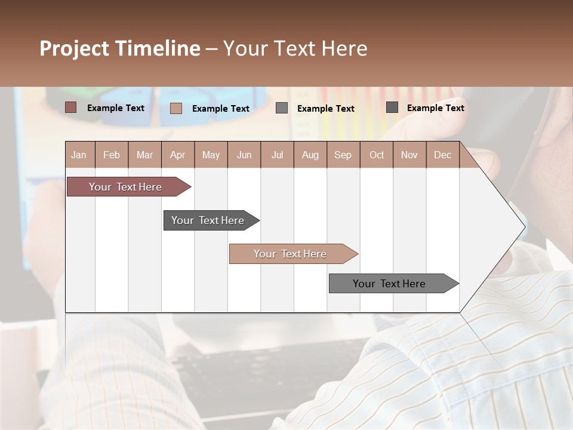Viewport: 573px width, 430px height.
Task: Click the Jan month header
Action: (x=79, y=155)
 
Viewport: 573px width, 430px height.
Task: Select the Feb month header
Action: (x=112, y=155)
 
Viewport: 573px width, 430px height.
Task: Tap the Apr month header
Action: (x=177, y=155)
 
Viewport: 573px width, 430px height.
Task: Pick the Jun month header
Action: (x=244, y=155)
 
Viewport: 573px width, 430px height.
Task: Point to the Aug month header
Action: (x=310, y=155)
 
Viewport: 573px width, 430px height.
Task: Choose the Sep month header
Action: (x=343, y=155)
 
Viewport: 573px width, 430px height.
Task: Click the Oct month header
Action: (x=377, y=155)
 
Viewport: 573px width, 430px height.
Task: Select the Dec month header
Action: (x=442, y=155)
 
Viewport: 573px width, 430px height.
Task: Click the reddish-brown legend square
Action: (x=71, y=107)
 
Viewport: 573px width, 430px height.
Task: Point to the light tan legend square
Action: (x=176, y=108)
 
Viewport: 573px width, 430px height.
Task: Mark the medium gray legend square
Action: (x=282, y=108)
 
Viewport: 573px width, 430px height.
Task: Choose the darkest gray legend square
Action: (x=392, y=107)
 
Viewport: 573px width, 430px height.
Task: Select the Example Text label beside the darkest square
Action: (x=435, y=108)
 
